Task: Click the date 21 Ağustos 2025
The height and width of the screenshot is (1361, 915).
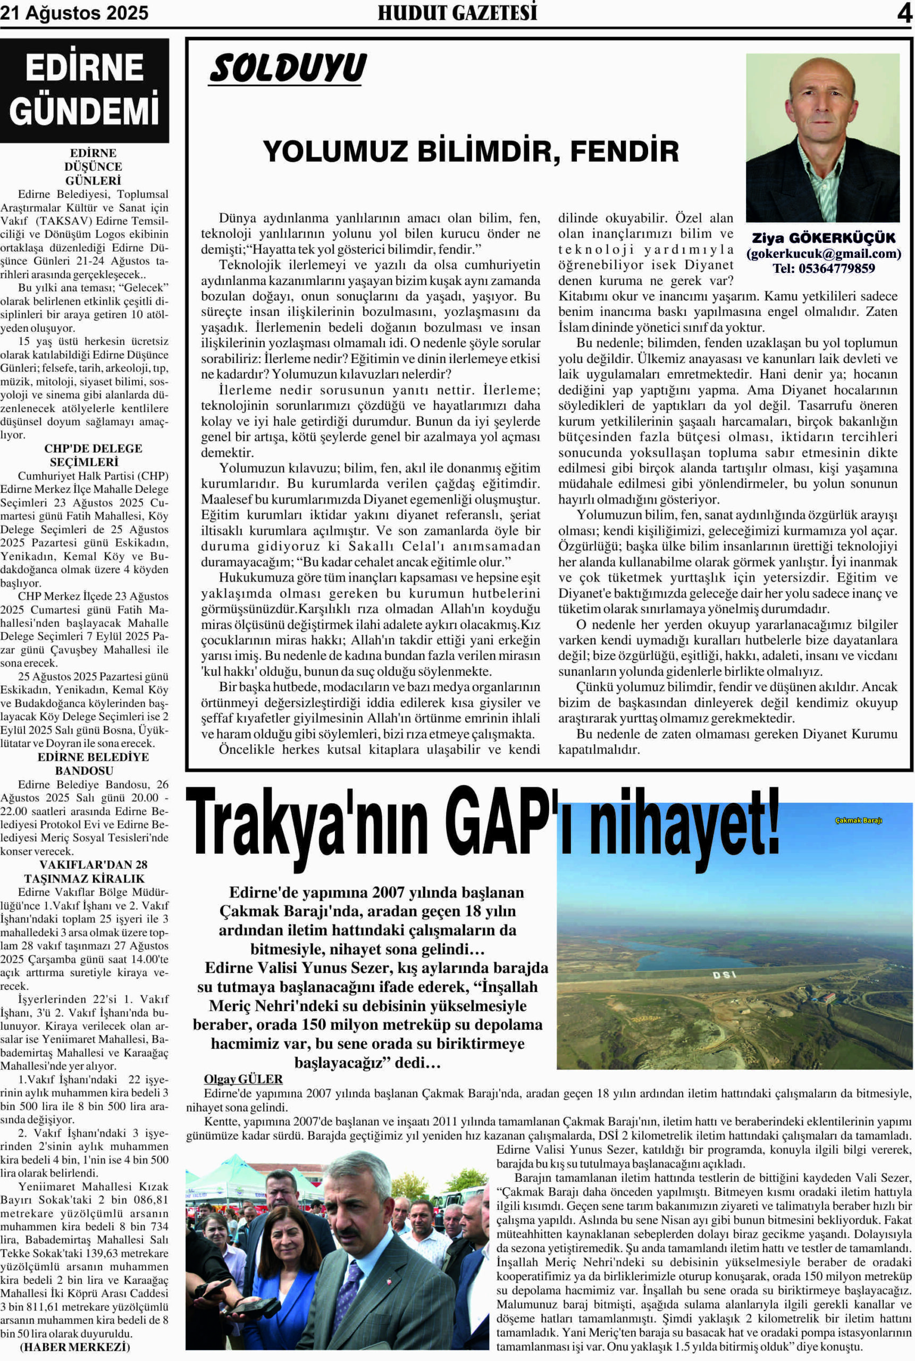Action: (x=74, y=13)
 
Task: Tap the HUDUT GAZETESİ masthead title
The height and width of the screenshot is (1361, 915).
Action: (x=457, y=13)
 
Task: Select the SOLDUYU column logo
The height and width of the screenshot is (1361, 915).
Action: (x=288, y=69)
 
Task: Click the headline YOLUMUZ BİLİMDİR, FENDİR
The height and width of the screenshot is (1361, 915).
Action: (x=471, y=151)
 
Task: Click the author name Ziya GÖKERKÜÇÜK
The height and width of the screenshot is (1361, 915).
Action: (x=824, y=239)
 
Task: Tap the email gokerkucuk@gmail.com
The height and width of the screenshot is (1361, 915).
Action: (x=824, y=254)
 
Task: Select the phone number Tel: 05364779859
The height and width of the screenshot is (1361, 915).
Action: (x=824, y=268)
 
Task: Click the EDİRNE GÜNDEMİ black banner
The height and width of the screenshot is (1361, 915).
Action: (x=85, y=90)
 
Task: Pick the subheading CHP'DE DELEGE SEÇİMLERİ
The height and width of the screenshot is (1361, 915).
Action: (x=94, y=455)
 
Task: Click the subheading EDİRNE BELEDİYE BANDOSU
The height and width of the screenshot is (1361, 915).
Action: (x=94, y=763)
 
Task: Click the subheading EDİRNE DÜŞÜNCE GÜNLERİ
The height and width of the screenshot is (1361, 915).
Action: (x=94, y=167)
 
